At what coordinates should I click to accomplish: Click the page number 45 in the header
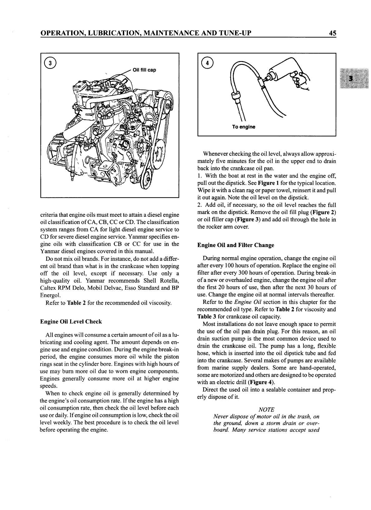332,33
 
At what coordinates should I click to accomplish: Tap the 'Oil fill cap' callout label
144,70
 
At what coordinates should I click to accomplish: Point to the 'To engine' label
243,127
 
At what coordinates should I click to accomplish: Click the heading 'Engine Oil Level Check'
71,322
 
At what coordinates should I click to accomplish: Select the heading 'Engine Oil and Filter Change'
236,245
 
